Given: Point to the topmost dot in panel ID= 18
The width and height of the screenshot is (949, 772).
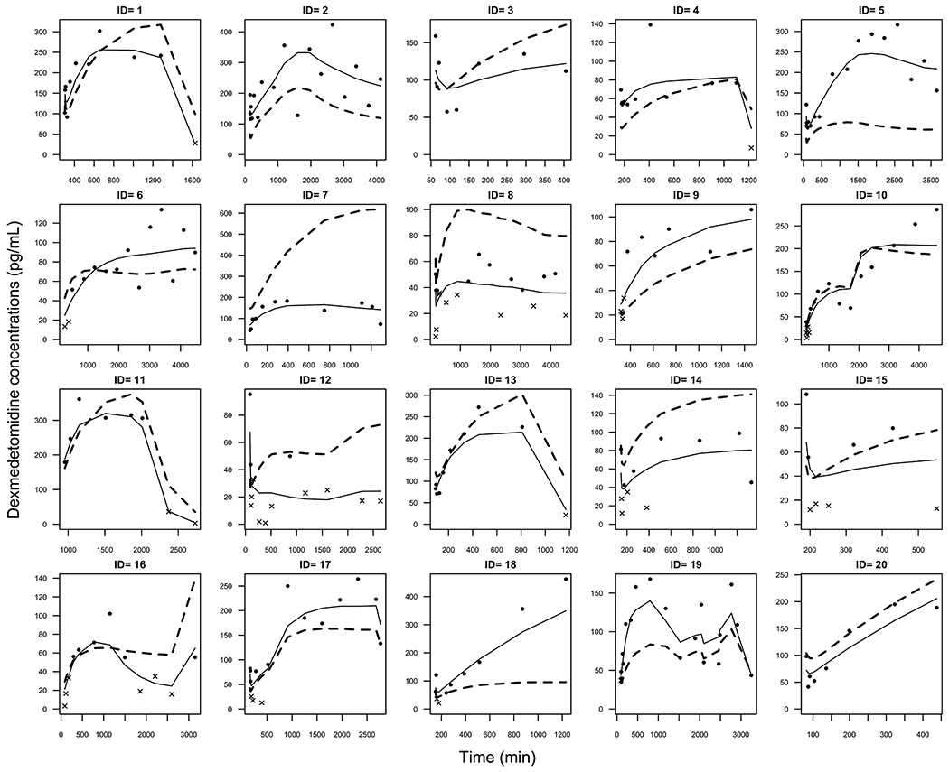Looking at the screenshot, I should coord(566,579).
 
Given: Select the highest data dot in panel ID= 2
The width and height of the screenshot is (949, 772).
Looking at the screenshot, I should coord(332,24).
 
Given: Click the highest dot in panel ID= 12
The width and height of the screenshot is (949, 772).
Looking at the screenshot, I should coord(249,395).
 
